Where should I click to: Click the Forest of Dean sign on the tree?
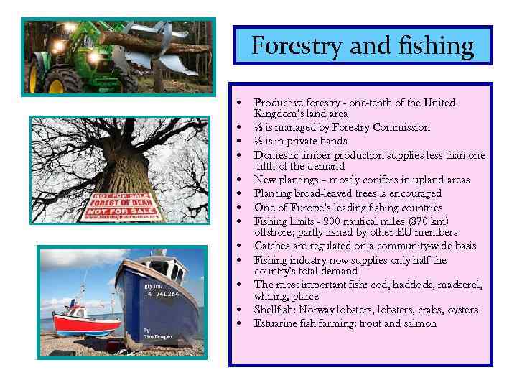(x=118, y=204)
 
